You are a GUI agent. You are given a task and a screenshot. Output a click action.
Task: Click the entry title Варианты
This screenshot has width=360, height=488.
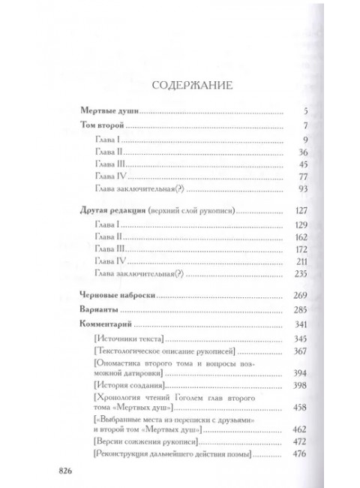pos(103,310)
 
